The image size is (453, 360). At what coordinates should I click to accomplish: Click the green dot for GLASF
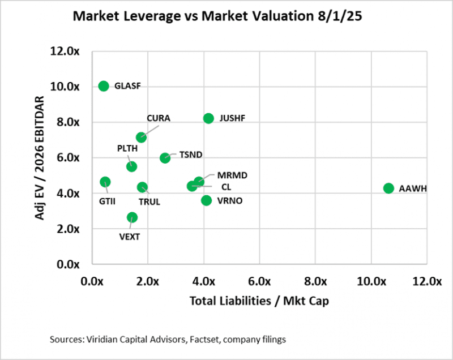click(x=103, y=86)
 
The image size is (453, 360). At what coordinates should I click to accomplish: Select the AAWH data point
click(x=388, y=188)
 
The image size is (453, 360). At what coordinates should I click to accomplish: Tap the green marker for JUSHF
click(x=208, y=118)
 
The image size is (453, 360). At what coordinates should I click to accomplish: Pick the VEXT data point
click(x=132, y=217)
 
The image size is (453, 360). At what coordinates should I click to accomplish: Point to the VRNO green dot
click(x=207, y=200)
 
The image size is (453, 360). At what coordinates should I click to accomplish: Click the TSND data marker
click(x=165, y=158)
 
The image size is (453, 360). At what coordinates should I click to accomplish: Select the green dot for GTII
click(x=105, y=182)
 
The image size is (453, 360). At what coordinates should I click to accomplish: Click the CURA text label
click(x=159, y=118)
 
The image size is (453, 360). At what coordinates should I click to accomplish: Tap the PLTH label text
click(x=128, y=148)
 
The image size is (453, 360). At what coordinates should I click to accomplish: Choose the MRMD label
click(x=220, y=176)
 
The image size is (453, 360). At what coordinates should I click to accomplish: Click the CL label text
click(x=225, y=186)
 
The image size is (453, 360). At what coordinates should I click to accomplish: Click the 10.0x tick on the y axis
click(x=68, y=87)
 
